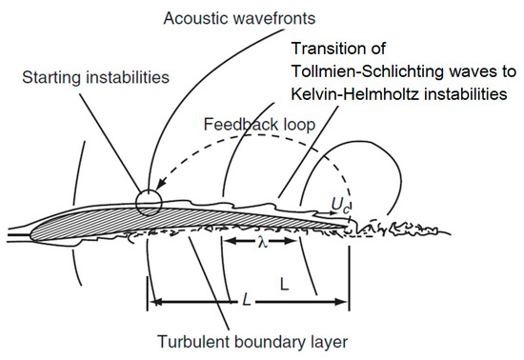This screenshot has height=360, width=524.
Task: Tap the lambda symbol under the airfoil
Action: tap(262, 243)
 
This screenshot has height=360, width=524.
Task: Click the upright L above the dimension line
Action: tap(283, 283)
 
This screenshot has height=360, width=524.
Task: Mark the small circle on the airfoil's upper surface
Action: tap(149, 202)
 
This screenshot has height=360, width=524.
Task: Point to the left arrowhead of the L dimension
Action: tap(153, 303)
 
